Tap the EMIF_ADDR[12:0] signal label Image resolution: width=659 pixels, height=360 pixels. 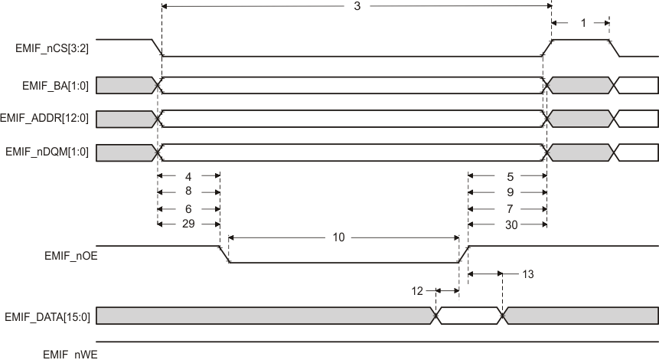click(x=46, y=119)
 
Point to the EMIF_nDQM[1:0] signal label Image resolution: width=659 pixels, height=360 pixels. click(x=48, y=152)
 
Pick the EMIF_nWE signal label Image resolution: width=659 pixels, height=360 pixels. click(x=70, y=354)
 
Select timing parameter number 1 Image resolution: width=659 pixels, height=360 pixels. click(x=583, y=24)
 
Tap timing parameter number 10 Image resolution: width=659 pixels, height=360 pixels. click(x=339, y=237)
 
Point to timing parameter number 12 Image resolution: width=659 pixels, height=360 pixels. click(x=417, y=290)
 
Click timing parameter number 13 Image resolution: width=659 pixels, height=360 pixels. click(x=527, y=273)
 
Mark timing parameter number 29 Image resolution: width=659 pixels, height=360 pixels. click(x=188, y=224)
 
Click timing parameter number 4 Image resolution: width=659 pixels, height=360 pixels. click(x=188, y=175)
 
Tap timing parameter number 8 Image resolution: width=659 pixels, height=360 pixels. click(x=188, y=192)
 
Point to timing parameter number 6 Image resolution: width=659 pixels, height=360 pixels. click(x=188, y=208)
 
